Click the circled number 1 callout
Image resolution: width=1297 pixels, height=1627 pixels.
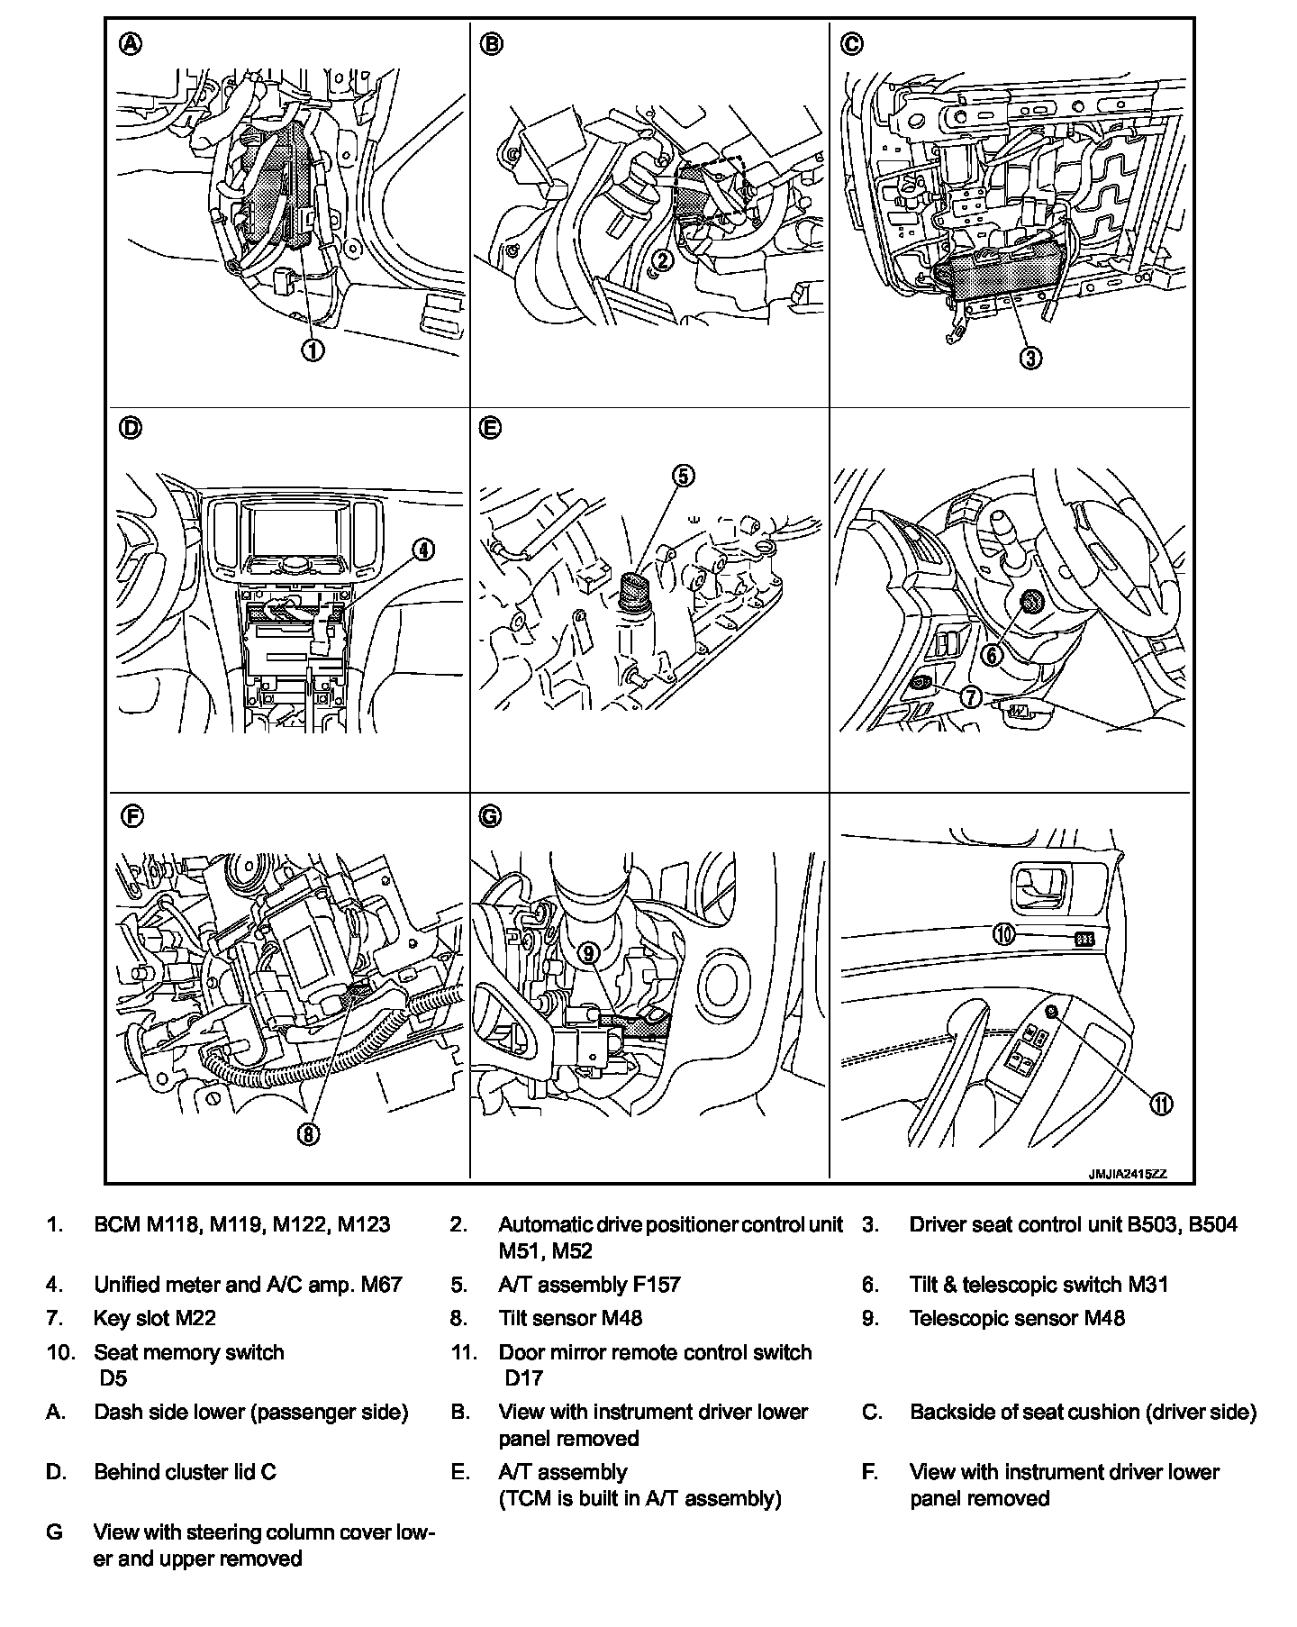(x=313, y=350)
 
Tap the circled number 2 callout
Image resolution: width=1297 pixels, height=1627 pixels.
(x=662, y=261)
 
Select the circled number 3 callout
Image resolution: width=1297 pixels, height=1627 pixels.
(x=1030, y=357)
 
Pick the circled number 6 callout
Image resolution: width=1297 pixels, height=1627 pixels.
(x=992, y=655)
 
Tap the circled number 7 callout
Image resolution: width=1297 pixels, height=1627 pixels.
(x=970, y=696)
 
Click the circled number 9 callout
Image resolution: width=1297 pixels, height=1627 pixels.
(x=589, y=951)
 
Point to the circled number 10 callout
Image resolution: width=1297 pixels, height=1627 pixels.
(x=1004, y=934)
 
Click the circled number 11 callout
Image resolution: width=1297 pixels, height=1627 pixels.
(x=1161, y=1104)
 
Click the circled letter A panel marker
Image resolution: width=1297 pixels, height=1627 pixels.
(x=131, y=44)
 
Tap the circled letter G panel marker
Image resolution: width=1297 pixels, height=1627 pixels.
(x=489, y=816)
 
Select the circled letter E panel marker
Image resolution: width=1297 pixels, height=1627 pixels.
(x=489, y=429)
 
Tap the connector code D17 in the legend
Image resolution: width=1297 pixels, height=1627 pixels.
(x=523, y=1377)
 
